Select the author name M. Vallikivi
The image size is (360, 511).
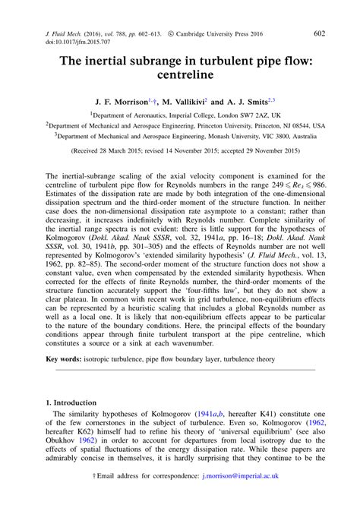point(179,99)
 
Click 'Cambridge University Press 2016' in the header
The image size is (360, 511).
point(223,34)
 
